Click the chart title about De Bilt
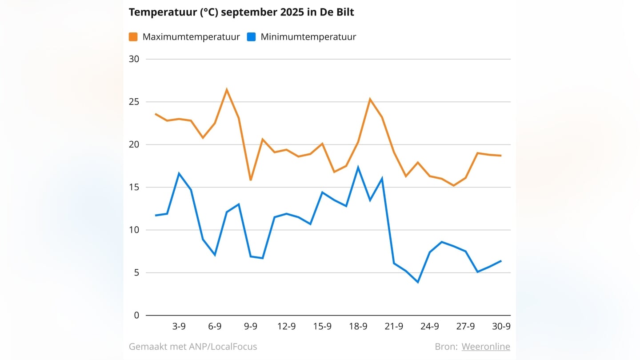[241, 12]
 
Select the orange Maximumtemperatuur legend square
[133, 37]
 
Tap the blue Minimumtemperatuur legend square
[252, 37]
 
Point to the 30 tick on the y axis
[134, 60]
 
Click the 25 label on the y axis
[134, 102]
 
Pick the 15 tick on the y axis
[134, 188]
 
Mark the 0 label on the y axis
[136, 316]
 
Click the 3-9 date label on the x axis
[179, 327]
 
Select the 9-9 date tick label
[251, 327]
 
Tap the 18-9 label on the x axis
[358, 327]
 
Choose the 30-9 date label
[501, 327]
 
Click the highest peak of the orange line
[227, 90]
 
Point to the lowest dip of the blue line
[418, 282]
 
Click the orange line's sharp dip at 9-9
[251, 180]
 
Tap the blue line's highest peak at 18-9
[358, 168]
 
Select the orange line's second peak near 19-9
[370, 99]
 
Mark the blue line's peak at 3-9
[179, 173]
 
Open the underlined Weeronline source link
[486, 347]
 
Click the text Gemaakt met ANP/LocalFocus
[193, 347]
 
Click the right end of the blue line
[501, 261]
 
